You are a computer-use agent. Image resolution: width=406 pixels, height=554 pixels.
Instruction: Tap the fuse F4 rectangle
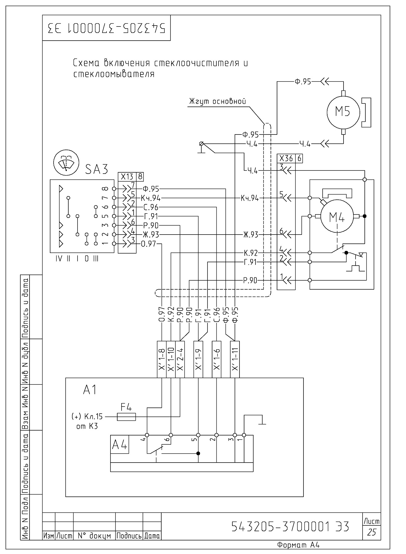tap(127, 417)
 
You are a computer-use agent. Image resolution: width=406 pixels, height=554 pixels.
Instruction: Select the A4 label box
tap(120, 444)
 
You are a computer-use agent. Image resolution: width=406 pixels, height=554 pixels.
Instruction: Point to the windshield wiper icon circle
tap(66, 162)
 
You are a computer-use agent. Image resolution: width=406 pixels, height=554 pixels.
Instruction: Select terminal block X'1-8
tap(162, 359)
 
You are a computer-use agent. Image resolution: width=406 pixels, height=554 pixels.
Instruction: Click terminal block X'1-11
tap(235, 359)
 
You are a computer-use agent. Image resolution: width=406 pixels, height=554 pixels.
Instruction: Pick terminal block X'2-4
tap(180, 359)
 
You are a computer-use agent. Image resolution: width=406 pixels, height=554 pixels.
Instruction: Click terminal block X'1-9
tap(198, 359)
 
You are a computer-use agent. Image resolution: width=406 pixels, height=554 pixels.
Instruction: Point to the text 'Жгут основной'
tap(218, 101)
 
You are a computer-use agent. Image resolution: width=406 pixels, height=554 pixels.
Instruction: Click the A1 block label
tap(90, 390)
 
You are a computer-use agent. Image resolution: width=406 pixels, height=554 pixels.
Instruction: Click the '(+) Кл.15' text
tap(86, 417)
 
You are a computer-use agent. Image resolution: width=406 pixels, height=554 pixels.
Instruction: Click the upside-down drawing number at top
tap(106, 28)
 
